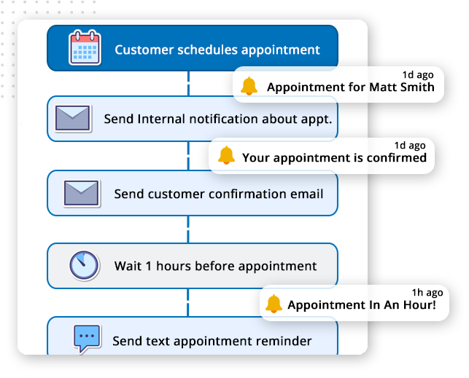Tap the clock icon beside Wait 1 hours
pos(84,266)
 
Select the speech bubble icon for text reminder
pos(86,339)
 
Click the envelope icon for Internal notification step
pos(73,118)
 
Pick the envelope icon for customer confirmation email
pos(81,193)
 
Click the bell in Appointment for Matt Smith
pos(249,87)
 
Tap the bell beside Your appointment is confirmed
pos(226,156)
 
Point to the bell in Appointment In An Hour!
pos(274,304)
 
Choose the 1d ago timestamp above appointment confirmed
pos(411,145)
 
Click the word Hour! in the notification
pos(419,305)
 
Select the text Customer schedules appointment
pos(217,50)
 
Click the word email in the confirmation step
pos(306,194)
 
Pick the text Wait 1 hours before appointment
pos(215,266)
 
